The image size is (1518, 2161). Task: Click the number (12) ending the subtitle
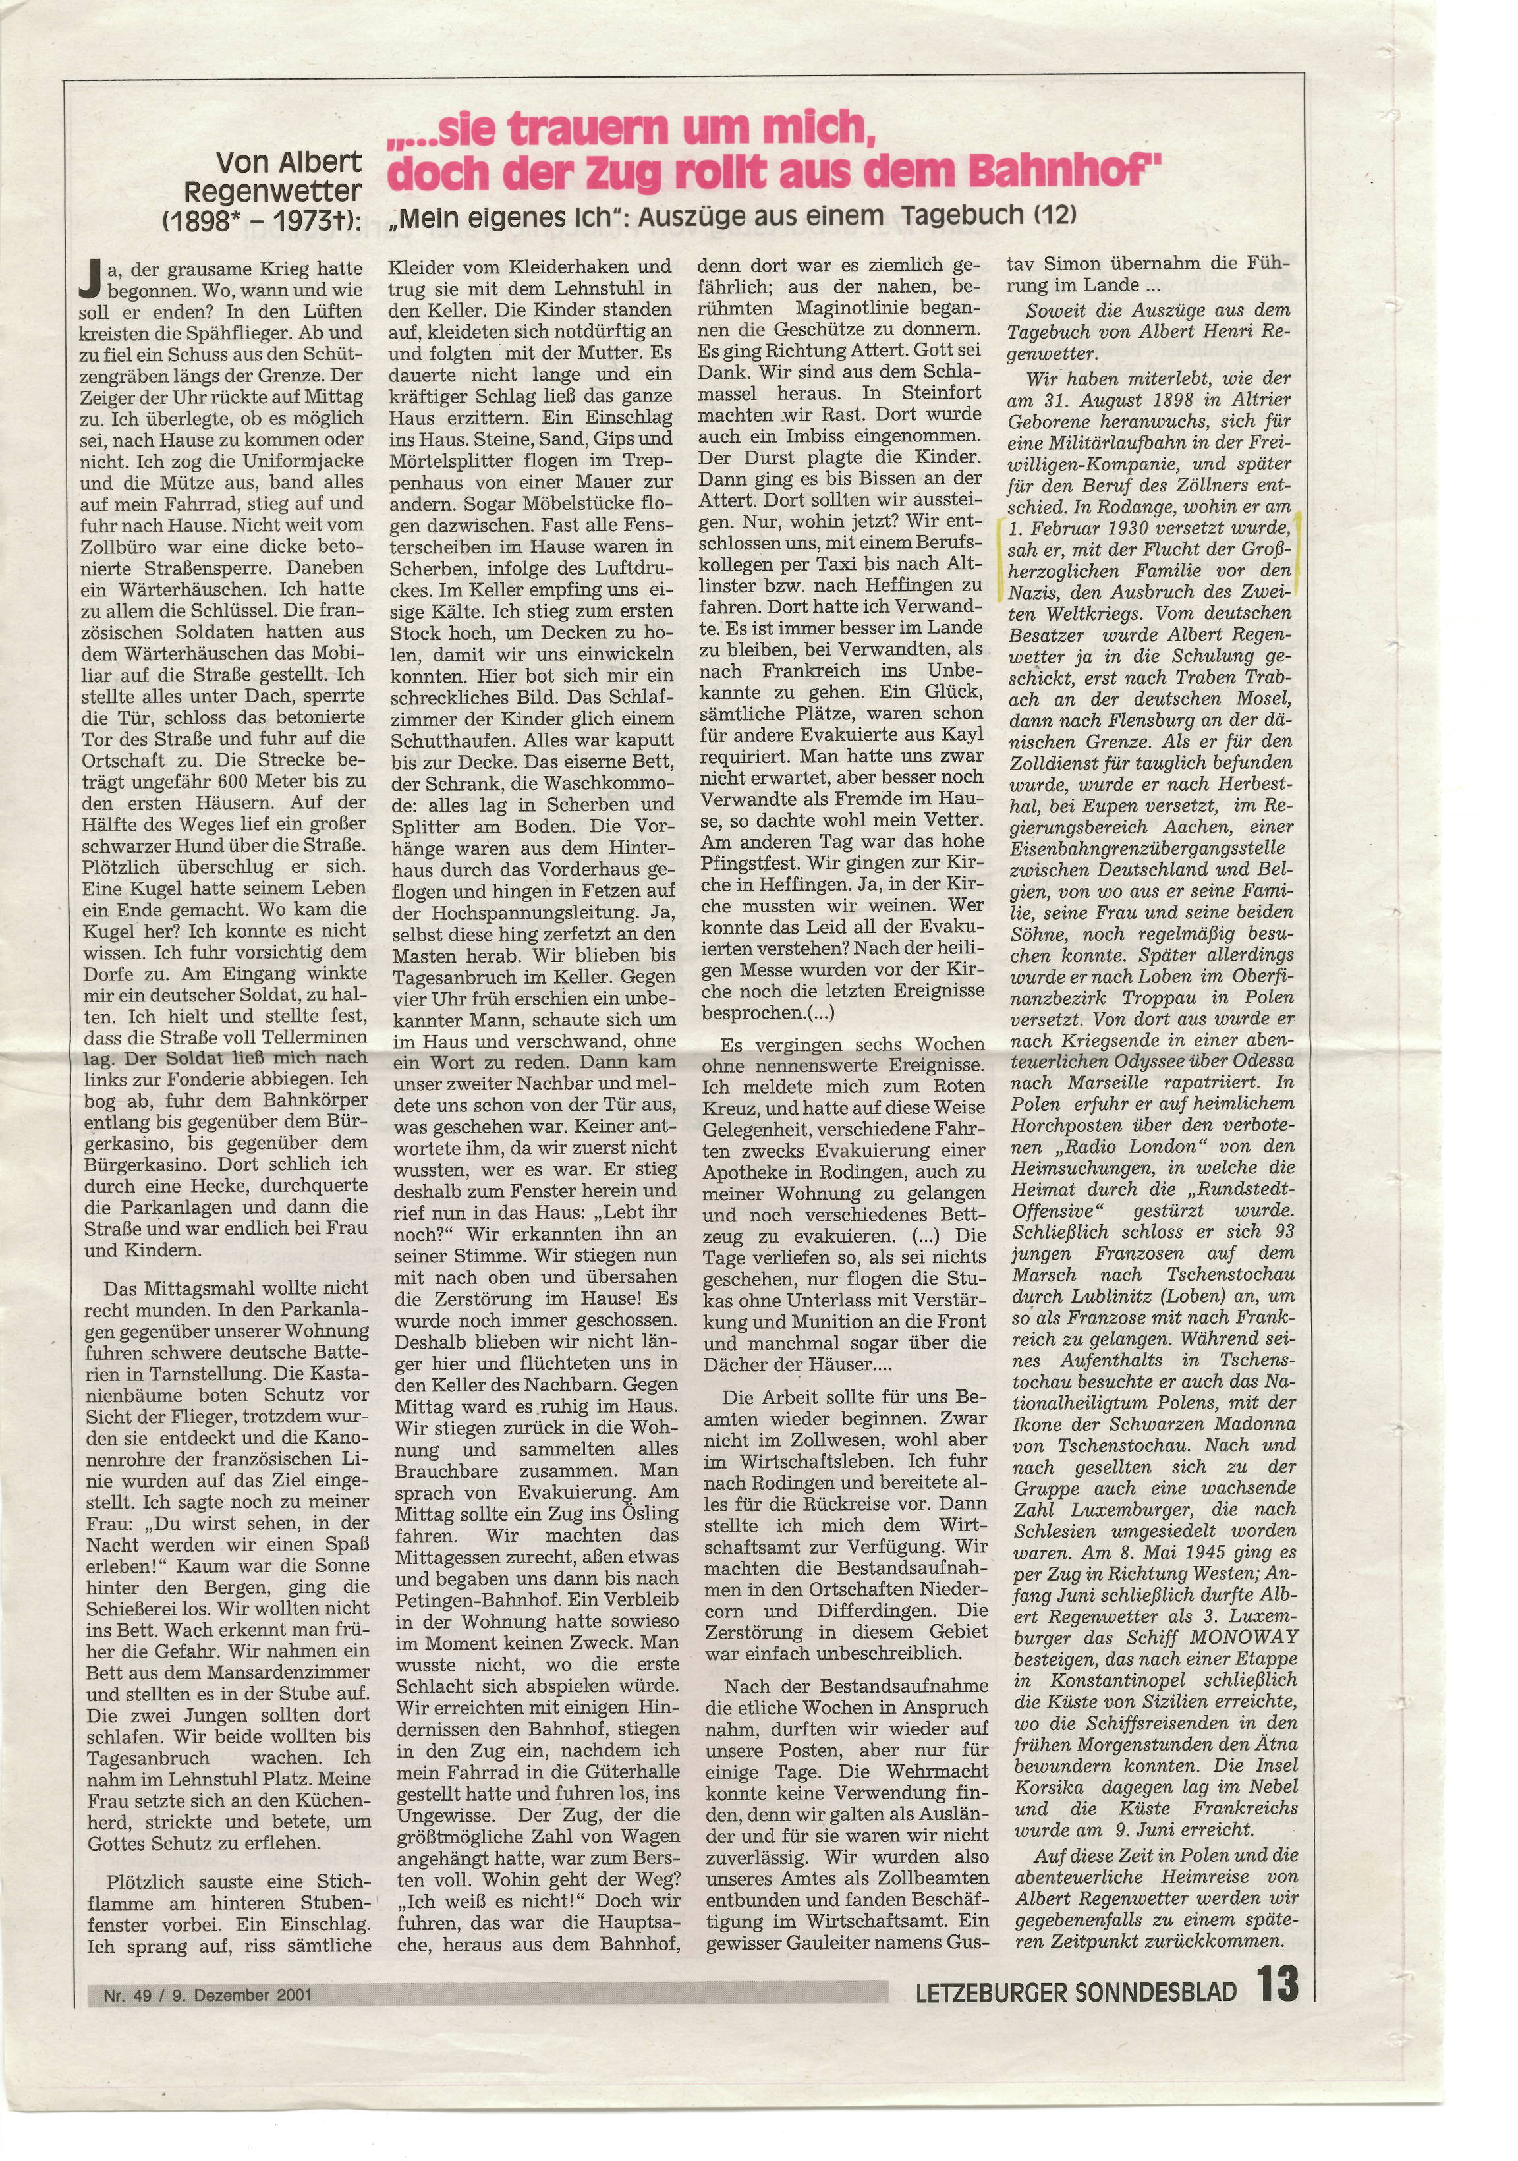1054,215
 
